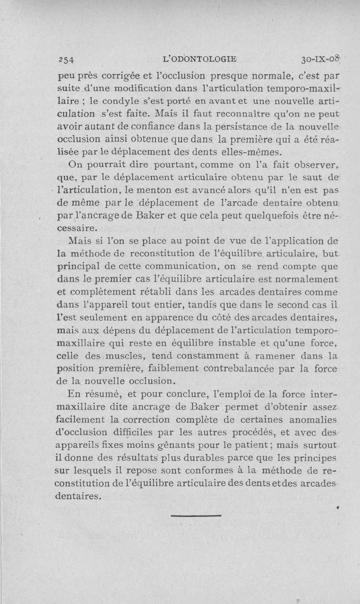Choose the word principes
(310, 458)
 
